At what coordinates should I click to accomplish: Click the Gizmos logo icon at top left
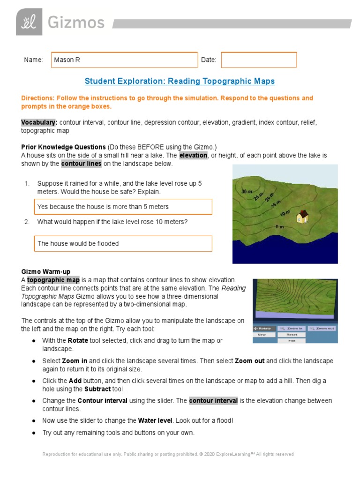click(x=29, y=22)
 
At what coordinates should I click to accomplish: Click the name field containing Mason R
click(x=124, y=60)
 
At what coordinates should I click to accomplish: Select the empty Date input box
click(x=259, y=60)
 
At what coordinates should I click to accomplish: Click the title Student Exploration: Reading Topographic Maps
click(x=180, y=81)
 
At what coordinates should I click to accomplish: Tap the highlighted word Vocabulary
click(x=39, y=122)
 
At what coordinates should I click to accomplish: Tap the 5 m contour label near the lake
click(x=279, y=227)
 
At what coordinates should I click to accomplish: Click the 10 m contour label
click(x=285, y=214)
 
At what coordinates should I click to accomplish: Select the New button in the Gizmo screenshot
click(x=262, y=335)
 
